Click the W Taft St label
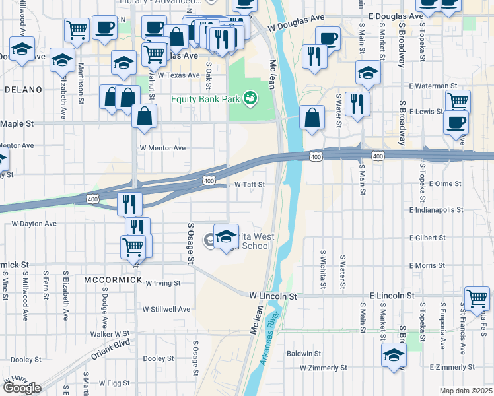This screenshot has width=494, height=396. (250, 185)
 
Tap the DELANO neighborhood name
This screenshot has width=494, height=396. (23, 89)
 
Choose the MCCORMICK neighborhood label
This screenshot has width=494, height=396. (113, 280)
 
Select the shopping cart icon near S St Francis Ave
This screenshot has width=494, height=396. (477, 296)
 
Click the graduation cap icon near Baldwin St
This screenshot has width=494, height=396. (394, 354)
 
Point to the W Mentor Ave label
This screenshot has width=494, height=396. (162, 148)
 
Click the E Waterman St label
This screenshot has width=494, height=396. (433, 86)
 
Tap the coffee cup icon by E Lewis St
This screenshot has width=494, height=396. (456, 122)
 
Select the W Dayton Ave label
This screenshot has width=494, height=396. (32, 224)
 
